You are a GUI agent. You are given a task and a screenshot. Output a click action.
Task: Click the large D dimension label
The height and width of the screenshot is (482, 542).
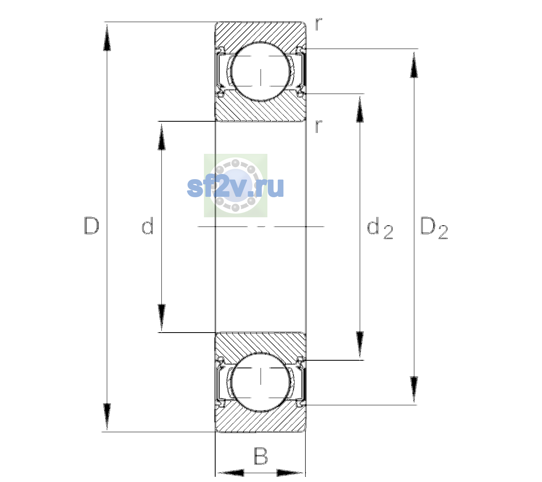point(92,226)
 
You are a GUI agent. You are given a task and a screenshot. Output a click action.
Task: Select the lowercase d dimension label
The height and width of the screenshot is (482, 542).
point(148,226)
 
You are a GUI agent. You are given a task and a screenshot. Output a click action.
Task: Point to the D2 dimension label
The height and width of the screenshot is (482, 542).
point(434,228)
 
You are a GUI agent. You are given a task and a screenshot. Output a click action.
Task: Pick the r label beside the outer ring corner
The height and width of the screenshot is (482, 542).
point(319,24)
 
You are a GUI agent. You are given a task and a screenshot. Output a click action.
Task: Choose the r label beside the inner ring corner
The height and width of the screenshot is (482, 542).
point(319,126)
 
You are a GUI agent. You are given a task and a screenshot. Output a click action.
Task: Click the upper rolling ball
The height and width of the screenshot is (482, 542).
point(261,72)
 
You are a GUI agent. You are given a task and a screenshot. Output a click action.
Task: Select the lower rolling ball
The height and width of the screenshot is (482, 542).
point(261,382)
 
